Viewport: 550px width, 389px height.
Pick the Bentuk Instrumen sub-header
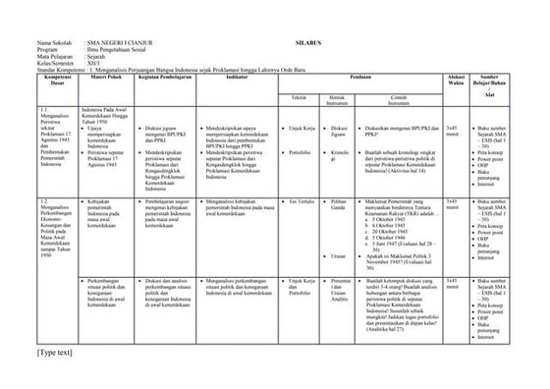(x=339, y=99)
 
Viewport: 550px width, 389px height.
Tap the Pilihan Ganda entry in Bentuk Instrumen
(x=340, y=203)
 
